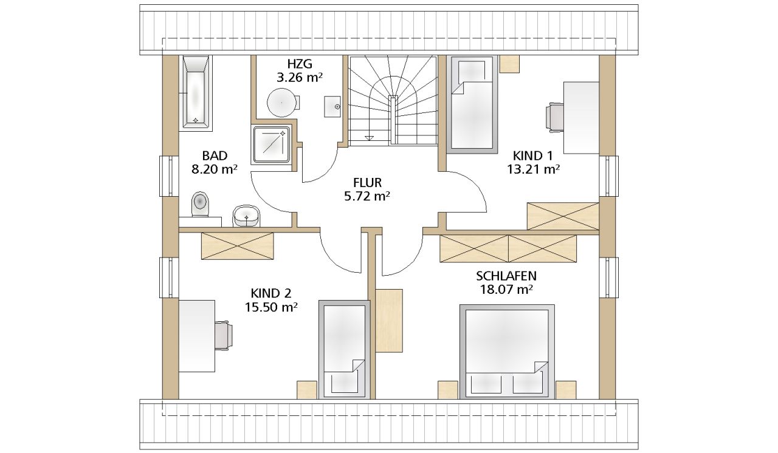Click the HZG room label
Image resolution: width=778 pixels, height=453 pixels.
[300, 64]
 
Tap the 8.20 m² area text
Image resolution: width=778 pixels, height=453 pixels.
[215, 169]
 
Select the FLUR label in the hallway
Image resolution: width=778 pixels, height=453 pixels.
[367, 182]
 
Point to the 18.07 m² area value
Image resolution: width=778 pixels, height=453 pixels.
[506, 289]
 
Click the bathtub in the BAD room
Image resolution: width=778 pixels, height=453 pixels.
[196, 93]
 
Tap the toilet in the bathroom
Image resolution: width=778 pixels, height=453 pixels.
[200, 204]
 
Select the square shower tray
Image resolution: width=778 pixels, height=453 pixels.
[271, 145]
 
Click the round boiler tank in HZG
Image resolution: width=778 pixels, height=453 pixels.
[282, 103]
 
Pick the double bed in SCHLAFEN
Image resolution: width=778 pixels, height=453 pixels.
[507, 352]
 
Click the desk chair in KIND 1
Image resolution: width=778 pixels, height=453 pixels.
[555, 117]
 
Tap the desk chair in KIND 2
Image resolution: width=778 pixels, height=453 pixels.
[224, 335]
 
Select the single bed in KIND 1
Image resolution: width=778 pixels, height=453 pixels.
[472, 104]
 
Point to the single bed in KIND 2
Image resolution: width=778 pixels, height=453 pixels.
[345, 350]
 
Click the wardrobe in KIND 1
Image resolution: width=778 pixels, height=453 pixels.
[563, 216]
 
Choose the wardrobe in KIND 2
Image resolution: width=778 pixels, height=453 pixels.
[238, 246]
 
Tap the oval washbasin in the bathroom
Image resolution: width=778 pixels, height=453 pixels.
[246, 216]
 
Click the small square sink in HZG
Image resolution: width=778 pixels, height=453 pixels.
[332, 107]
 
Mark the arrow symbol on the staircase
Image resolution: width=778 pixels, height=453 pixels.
[369, 138]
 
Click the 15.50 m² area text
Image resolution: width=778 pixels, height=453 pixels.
[271, 307]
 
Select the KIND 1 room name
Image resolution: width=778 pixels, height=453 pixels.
[533, 155]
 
